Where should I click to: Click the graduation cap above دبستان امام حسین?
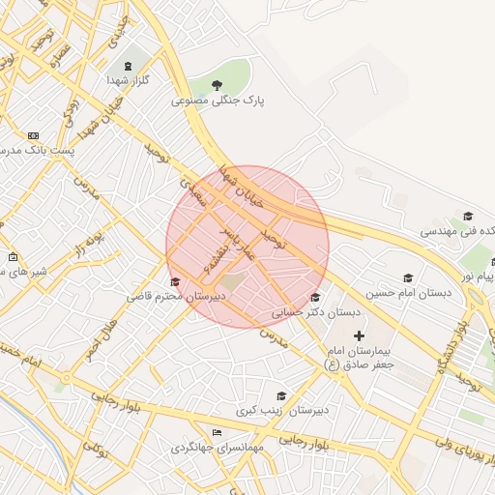pyautogui.click(x=407, y=277)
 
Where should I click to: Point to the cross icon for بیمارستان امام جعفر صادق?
pyautogui.click(x=360, y=335)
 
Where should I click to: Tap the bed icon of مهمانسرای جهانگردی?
pyautogui.click(x=218, y=432)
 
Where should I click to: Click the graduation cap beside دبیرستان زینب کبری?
pyautogui.click(x=281, y=395)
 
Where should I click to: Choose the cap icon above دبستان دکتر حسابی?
pyautogui.click(x=316, y=297)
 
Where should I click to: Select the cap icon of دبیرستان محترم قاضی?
pyautogui.click(x=174, y=280)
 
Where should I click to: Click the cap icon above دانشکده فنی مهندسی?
pyautogui.click(x=468, y=217)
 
